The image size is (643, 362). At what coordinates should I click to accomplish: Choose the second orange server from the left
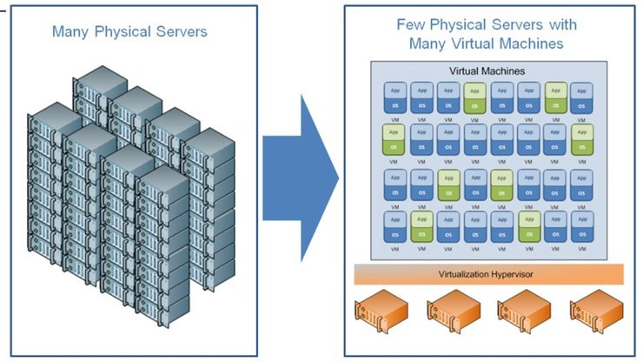[x=452, y=316]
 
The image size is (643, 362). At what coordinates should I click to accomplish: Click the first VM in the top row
[x=394, y=97]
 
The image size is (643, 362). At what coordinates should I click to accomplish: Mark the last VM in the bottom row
[x=582, y=227]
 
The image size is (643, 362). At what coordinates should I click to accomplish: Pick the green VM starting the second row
[x=394, y=141]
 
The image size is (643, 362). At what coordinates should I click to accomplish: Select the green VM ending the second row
[x=582, y=141]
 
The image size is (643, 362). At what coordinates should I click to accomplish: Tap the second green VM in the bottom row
[x=528, y=227]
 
